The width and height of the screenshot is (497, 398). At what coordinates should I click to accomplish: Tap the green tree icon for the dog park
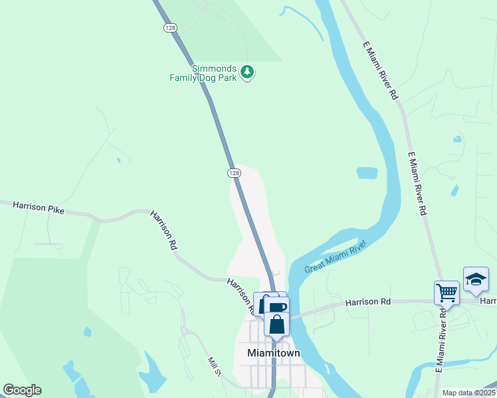click(x=247, y=71)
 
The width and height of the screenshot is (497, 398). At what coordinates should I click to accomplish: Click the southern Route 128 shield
click(x=233, y=172)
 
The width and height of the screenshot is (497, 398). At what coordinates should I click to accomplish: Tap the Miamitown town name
click(x=273, y=354)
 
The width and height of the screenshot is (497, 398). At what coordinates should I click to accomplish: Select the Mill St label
click(x=214, y=366)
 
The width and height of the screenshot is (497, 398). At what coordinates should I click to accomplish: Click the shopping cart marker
click(x=447, y=292)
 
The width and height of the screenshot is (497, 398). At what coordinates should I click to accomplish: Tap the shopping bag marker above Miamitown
click(x=276, y=324)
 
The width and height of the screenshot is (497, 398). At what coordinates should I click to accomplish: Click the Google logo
click(x=22, y=390)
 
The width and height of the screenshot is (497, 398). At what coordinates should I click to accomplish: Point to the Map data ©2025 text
click(x=468, y=393)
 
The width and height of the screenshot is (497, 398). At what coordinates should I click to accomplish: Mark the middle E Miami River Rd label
click(x=417, y=184)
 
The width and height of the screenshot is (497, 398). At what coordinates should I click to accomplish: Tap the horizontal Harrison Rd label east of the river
click(x=367, y=302)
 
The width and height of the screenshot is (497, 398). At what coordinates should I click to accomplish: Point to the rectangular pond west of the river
click(x=367, y=173)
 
